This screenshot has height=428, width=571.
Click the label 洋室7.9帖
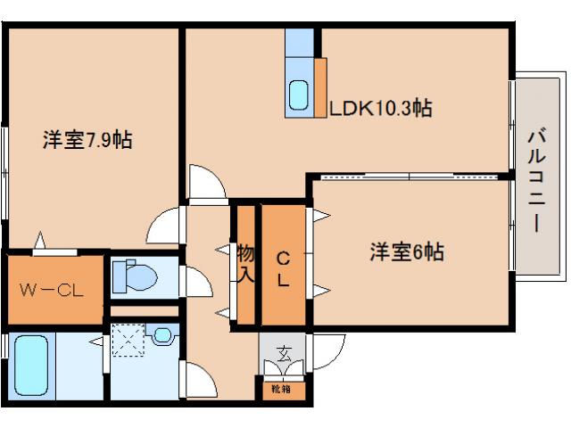(x=87, y=140)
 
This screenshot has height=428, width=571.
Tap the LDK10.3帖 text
(x=381, y=109)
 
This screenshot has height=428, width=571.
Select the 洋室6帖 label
(x=407, y=252)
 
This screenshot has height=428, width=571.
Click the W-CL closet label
(x=52, y=290)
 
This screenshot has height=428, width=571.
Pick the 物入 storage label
(x=244, y=263)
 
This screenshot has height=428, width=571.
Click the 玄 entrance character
(x=283, y=350)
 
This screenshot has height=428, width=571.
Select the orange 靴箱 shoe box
(x=282, y=389)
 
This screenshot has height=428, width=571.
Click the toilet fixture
(x=136, y=276)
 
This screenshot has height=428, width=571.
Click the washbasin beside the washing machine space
(x=161, y=336)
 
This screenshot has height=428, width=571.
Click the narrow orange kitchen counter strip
(x=320, y=86)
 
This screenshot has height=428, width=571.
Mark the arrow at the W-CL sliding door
(x=39, y=239)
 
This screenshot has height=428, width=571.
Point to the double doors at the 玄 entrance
(x=283, y=368)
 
